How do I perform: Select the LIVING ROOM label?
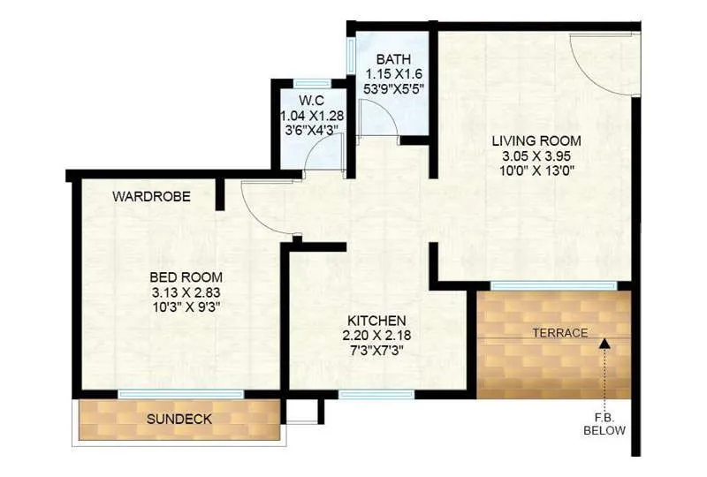click(x=536, y=140)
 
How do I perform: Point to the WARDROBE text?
click(x=151, y=197)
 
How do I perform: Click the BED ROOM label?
click(x=185, y=276)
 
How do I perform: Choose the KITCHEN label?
click(x=376, y=320)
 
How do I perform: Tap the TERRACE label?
click(x=559, y=333)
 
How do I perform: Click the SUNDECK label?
click(x=179, y=419)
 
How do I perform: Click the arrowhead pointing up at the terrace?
click(x=604, y=338)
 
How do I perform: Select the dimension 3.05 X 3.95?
click(x=536, y=156)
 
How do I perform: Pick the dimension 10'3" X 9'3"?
click(x=185, y=307)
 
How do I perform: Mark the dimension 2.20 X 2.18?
click(x=376, y=335)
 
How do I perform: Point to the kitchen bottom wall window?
click(x=363, y=394)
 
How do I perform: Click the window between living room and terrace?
click(x=554, y=285)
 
